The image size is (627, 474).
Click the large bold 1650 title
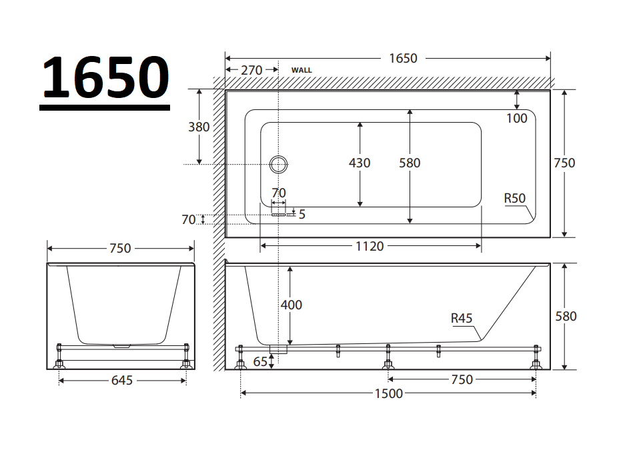pos(105,77)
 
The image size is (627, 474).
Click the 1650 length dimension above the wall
pos(403,59)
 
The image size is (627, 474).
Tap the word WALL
pos(301,70)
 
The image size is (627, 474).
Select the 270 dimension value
pos(251,71)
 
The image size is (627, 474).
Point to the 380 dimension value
pos(199,127)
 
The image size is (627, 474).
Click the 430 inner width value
pos(360,163)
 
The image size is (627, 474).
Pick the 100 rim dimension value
pos(517,118)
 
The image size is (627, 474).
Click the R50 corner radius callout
pos(515,198)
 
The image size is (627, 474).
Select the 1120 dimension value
pos(370,246)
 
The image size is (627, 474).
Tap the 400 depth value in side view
pos(291,305)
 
